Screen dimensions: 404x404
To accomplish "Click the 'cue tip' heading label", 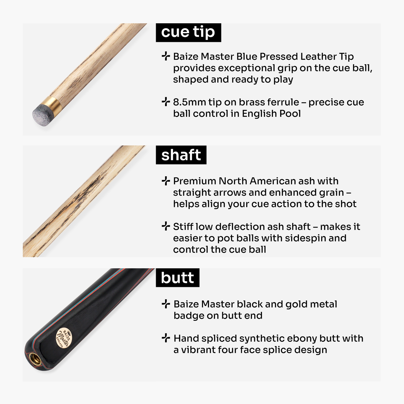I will tap(188, 32).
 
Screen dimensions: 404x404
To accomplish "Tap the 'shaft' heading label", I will tap(181, 155).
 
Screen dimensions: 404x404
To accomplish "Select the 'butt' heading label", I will tap(177, 278).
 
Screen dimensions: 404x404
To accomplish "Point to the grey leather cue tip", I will tap(41, 114).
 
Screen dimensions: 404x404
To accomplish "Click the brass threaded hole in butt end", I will tap(34, 358).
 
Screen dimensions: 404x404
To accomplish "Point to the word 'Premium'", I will tap(195, 181).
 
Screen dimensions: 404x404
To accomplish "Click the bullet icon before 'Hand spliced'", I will tap(166, 338).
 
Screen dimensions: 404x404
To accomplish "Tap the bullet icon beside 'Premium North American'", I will tap(166, 181).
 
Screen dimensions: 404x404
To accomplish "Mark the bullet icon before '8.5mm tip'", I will tap(166, 102).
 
